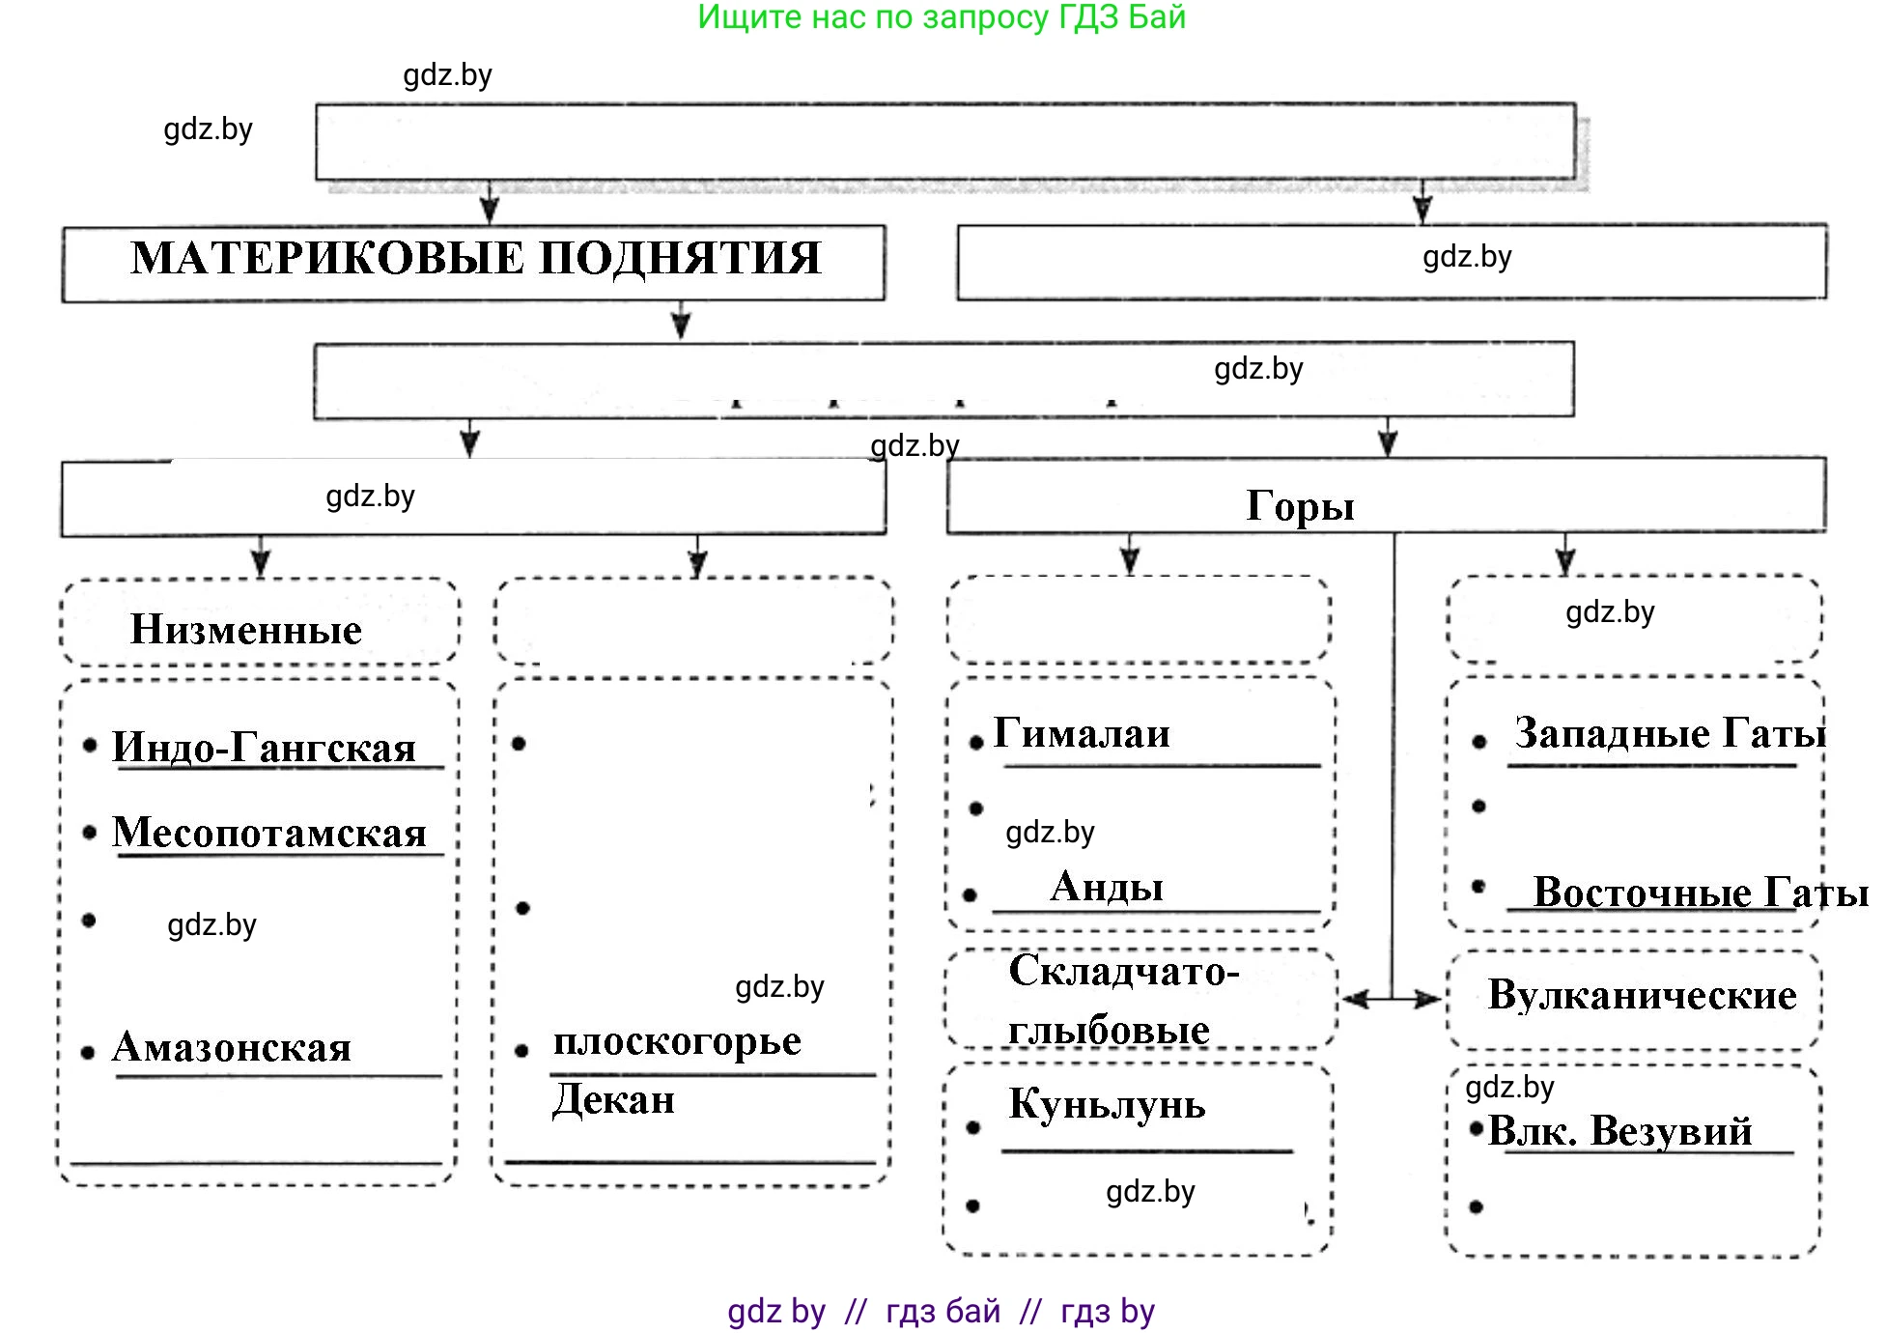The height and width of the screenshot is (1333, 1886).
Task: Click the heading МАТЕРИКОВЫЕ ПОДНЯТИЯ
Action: point(475,259)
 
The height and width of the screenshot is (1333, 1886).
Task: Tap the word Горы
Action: point(1300,506)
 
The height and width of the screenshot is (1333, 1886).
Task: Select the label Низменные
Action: point(246,630)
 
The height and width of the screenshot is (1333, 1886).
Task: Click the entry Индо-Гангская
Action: point(264,747)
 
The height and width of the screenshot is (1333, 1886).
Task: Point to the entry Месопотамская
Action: point(269,832)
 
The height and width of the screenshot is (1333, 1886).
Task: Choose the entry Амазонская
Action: point(232,1047)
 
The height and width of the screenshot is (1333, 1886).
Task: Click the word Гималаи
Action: point(1082,733)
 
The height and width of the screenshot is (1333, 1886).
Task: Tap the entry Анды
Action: point(1107,887)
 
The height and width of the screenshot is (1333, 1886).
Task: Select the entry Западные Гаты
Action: point(1669,733)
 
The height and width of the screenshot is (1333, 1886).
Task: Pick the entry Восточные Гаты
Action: point(1700,892)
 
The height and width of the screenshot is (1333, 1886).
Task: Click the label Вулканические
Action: point(1642,995)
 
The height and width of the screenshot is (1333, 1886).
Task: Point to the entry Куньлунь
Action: point(1107,1104)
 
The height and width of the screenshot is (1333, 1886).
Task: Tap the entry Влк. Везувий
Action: point(1619,1130)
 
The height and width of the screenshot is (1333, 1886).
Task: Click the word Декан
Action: point(614,1099)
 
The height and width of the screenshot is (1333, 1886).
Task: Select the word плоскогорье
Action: point(677,1041)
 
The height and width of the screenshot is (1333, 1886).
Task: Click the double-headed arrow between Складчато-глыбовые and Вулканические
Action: point(1392,999)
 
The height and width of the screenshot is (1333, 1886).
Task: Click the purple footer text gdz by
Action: point(776,1311)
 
